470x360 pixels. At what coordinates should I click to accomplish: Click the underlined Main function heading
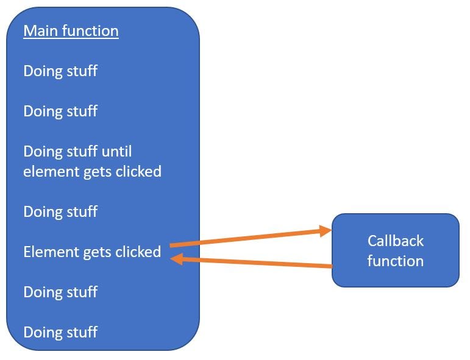tap(71, 30)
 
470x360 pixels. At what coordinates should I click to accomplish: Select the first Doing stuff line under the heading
tap(60, 71)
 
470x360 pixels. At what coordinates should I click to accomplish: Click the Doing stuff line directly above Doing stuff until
tap(60, 111)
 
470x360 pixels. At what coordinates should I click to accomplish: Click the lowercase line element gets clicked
tap(92, 171)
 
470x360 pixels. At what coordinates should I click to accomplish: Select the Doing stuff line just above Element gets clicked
tap(60, 211)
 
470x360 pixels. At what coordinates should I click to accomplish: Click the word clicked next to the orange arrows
tap(140, 252)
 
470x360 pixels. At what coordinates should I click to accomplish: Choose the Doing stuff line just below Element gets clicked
tap(60, 292)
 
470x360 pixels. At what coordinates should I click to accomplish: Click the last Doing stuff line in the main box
tap(60, 332)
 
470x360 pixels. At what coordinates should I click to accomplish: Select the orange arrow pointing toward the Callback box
tap(250, 238)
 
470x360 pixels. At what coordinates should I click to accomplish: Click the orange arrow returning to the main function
tap(250, 263)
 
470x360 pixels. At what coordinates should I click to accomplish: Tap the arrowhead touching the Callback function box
tap(324, 230)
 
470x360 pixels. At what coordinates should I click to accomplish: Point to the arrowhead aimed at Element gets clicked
tap(177, 259)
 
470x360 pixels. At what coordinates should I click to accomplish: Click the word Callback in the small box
tap(395, 241)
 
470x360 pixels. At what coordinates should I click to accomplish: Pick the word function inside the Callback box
tap(395, 261)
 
